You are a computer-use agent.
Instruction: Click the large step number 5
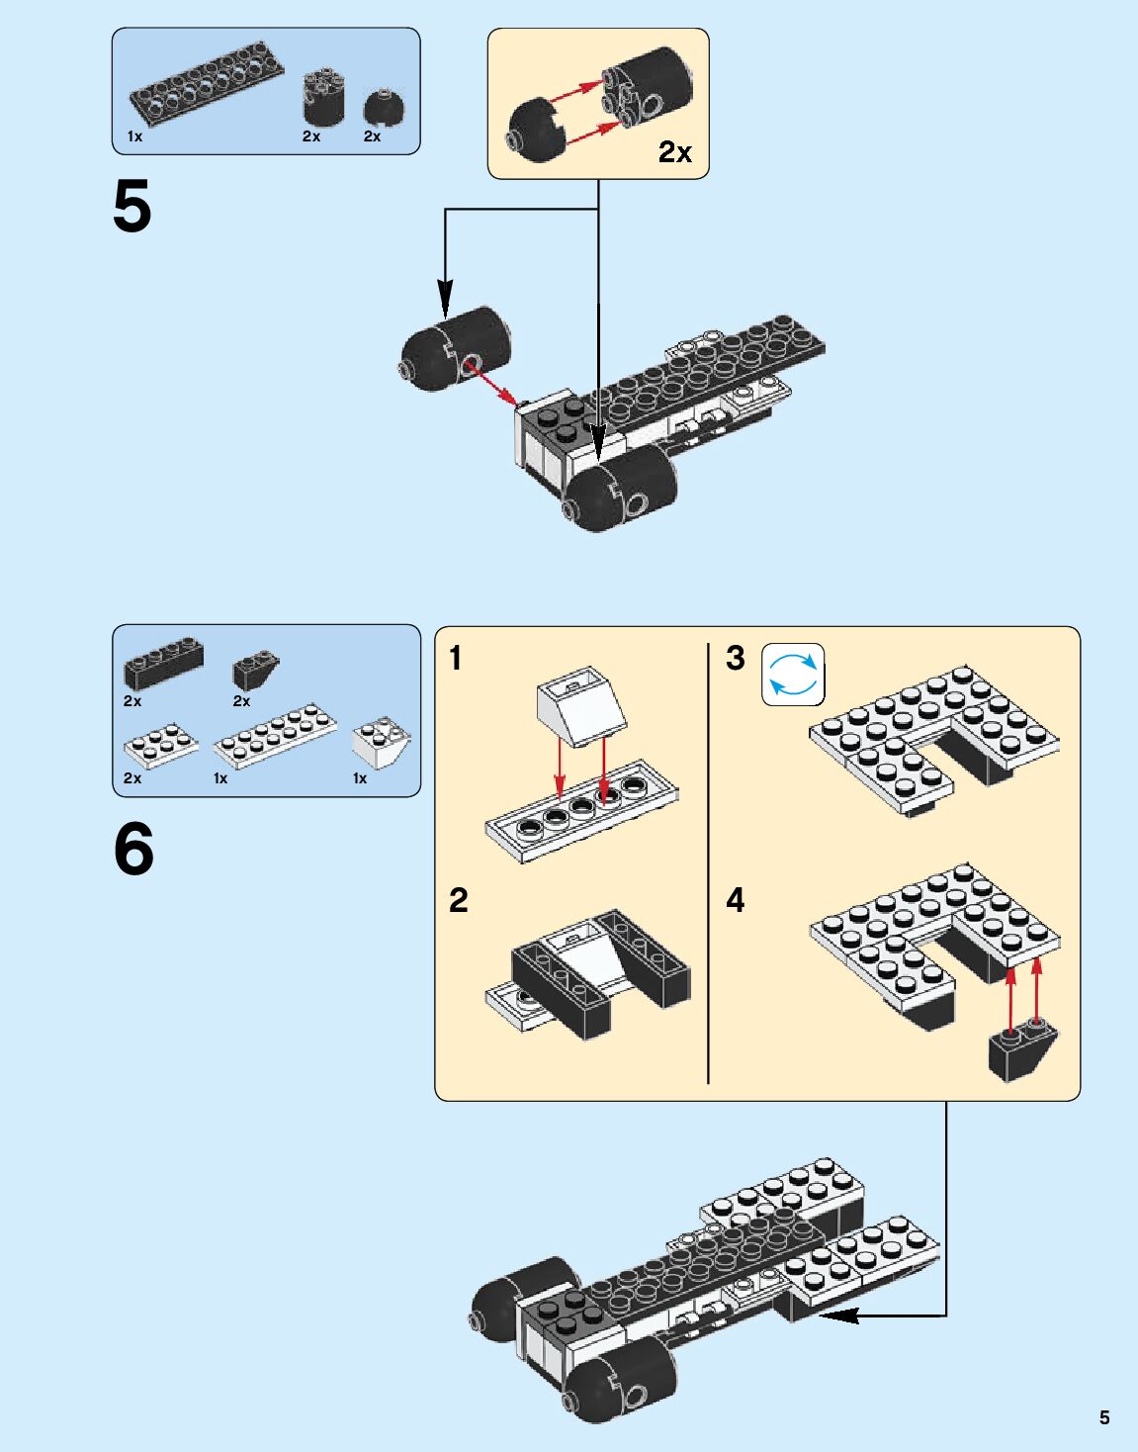pyautogui.click(x=132, y=207)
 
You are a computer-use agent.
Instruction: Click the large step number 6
pyautogui.click(x=133, y=850)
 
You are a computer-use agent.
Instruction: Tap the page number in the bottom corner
pyautogui.click(x=1104, y=1417)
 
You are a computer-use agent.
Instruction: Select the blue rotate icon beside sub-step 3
pyautogui.click(x=793, y=675)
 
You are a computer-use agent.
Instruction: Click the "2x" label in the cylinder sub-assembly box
pyautogui.click(x=674, y=152)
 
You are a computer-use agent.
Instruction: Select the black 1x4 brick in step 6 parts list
pyautogui.click(x=163, y=662)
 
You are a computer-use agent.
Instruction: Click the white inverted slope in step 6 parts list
pyautogui.click(x=382, y=742)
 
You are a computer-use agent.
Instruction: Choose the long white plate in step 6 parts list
pyautogui.click(x=275, y=734)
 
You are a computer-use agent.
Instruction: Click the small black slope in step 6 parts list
pyautogui.click(x=256, y=671)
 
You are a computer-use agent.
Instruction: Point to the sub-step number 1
pyautogui.click(x=456, y=658)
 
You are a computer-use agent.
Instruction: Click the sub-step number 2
pyautogui.click(x=458, y=901)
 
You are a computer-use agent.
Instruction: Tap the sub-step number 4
pyautogui.click(x=736, y=901)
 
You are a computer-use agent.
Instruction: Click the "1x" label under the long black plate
pyautogui.click(x=134, y=136)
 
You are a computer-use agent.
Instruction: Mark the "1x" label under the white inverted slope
pyautogui.click(x=360, y=778)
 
